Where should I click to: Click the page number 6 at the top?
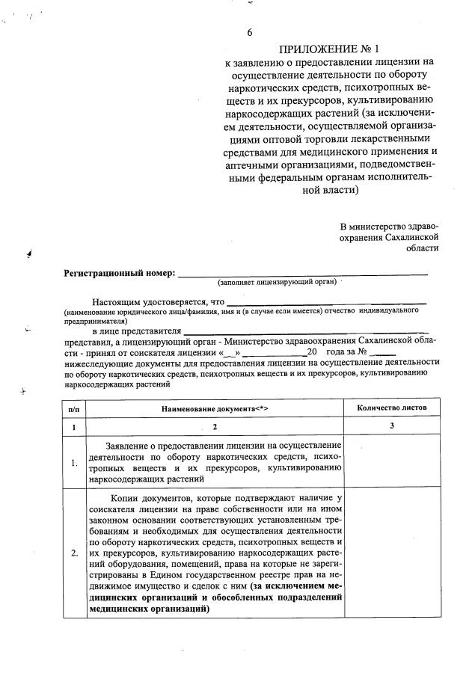[249, 32]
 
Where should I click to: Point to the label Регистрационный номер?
[119, 273]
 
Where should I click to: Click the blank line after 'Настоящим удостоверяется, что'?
[327, 303]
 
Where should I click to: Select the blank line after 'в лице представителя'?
[306, 331]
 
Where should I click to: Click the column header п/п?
[74, 408]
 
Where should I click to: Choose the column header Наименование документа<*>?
[214, 408]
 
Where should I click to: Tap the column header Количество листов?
[393, 408]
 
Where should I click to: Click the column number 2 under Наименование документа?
[214, 427]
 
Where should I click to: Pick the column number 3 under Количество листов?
[392, 426]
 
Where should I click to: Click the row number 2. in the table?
[74, 553]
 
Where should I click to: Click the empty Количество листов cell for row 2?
[392, 553]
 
